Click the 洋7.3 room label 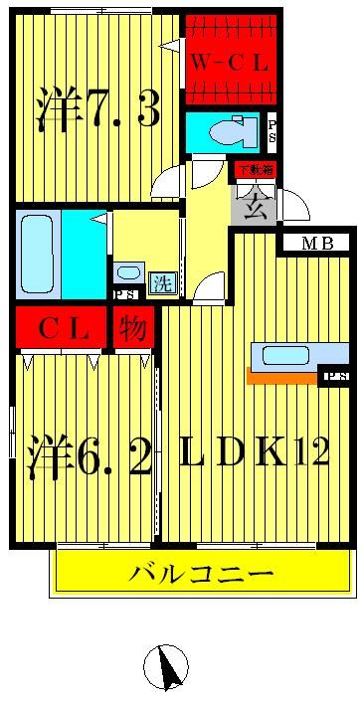[x=97, y=109]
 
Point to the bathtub [x=36, y=253]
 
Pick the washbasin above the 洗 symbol [x=128, y=271]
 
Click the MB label [x=318, y=243]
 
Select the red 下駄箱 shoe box [x=255, y=168]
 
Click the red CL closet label [x=63, y=328]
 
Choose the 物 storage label [x=131, y=328]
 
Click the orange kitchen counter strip [x=282, y=376]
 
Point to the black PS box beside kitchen [x=333, y=377]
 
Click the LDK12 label [x=255, y=452]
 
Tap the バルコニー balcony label [x=202, y=574]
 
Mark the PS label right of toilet [x=273, y=130]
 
